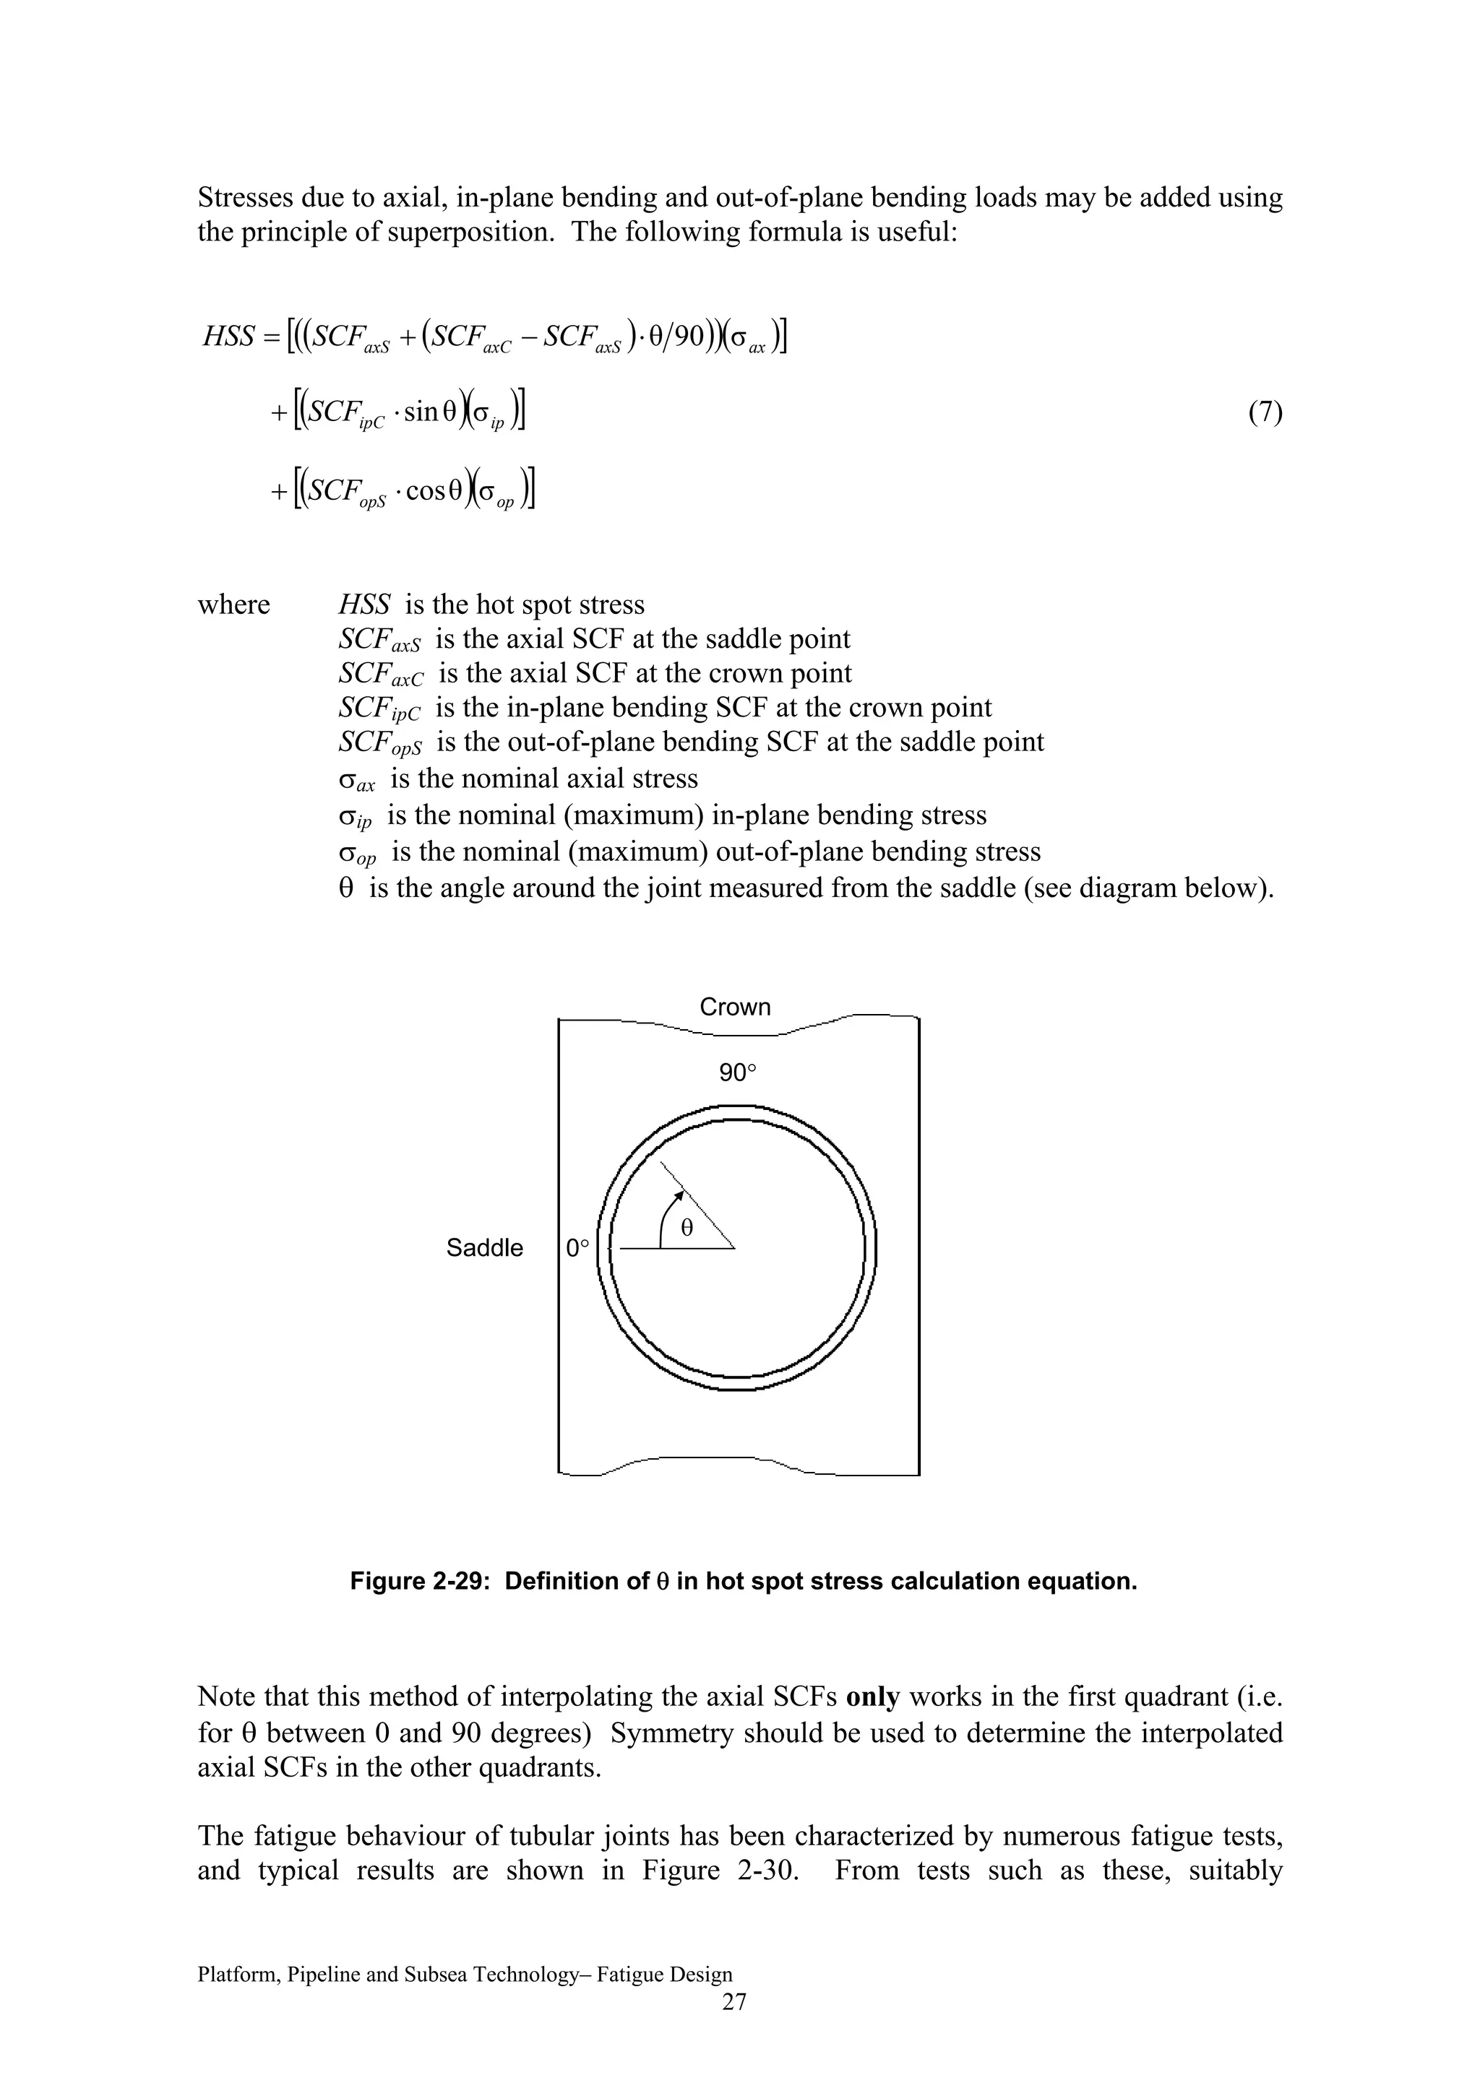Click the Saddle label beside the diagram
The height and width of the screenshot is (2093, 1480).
[484, 1247]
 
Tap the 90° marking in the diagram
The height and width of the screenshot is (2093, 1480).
[737, 1073]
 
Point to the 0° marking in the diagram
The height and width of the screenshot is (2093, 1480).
[577, 1248]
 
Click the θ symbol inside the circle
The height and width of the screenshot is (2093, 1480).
[687, 1228]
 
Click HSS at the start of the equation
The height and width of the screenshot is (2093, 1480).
[228, 337]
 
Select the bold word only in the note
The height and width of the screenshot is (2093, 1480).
[873, 1696]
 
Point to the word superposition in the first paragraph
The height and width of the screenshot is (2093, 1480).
[470, 232]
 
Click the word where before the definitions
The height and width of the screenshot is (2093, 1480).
[233, 604]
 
